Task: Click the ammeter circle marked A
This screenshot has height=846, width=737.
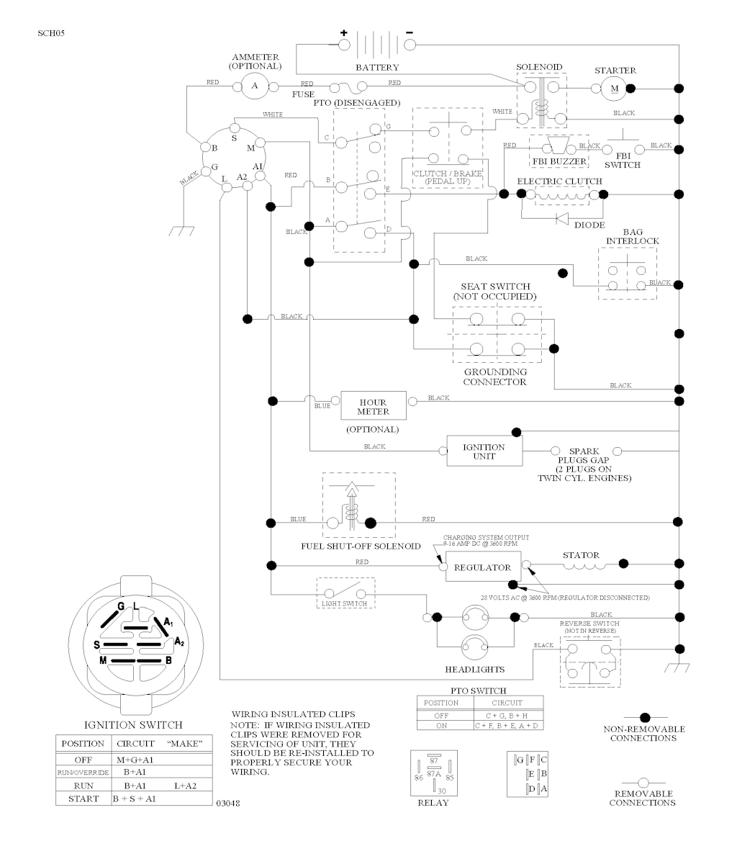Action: click(253, 87)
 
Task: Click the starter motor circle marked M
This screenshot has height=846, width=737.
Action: click(613, 88)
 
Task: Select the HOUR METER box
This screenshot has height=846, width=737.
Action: click(373, 408)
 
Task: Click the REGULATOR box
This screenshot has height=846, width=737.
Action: click(482, 567)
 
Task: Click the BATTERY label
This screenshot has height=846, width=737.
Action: click(377, 68)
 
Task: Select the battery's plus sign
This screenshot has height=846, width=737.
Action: click(343, 32)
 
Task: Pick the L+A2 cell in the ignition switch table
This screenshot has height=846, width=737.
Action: click(186, 786)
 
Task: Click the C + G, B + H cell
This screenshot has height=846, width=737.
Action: click(507, 715)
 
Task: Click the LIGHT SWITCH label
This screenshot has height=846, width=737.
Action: click(345, 603)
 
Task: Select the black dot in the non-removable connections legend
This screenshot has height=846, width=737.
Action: click(646, 717)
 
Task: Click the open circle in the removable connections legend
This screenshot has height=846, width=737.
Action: click(643, 783)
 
